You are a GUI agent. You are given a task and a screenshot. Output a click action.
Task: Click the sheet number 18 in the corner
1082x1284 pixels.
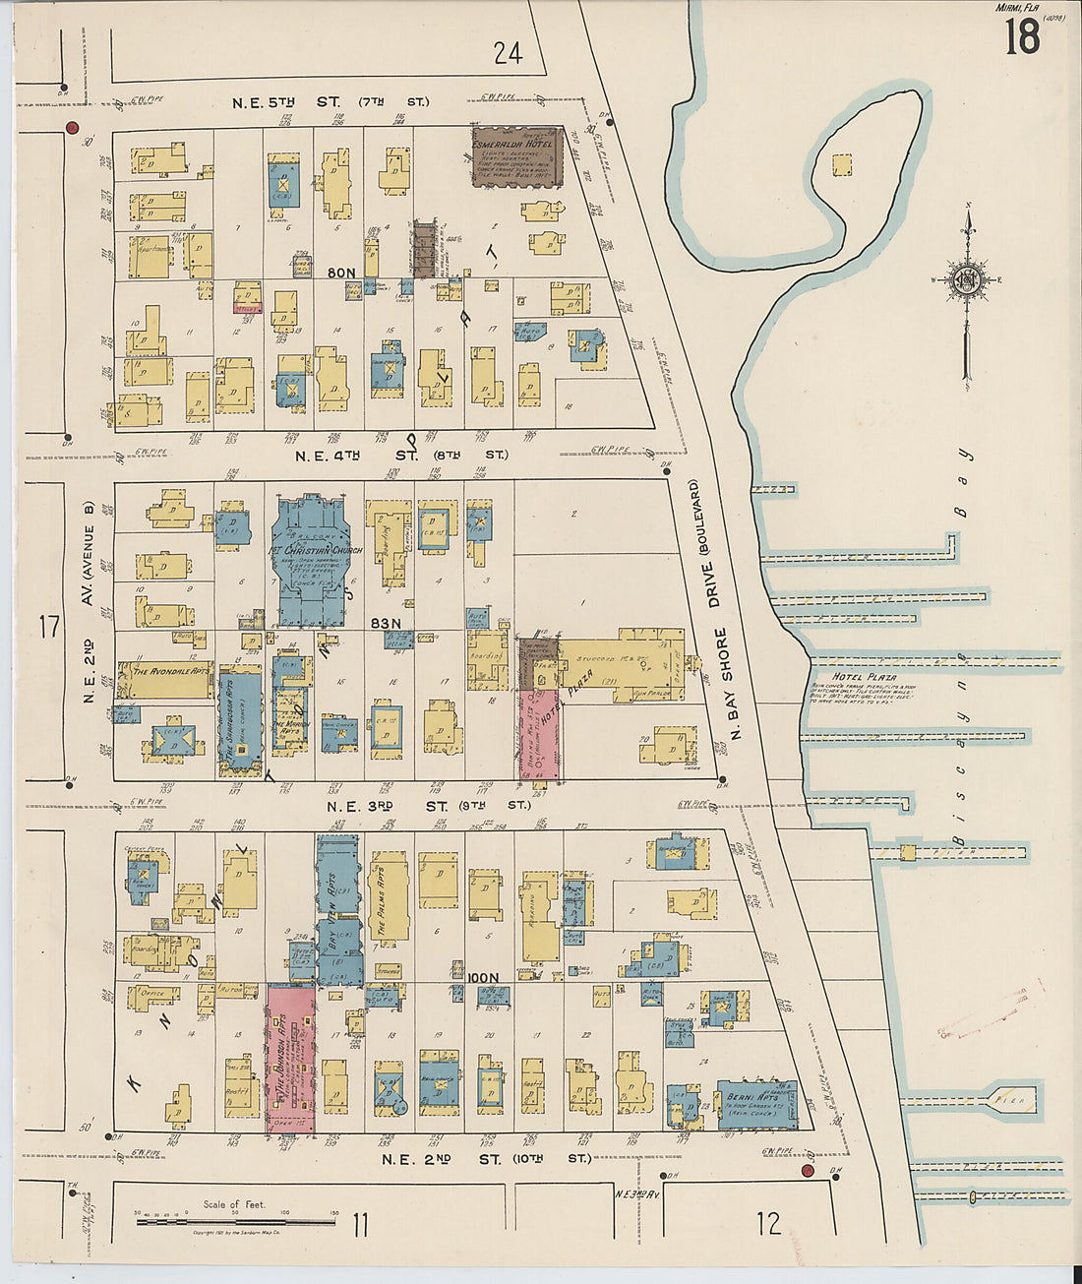coord(1022,37)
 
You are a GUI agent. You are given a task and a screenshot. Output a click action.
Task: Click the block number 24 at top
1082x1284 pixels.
coord(508,53)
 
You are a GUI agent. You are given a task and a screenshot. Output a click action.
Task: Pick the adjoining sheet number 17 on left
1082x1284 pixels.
coord(49,627)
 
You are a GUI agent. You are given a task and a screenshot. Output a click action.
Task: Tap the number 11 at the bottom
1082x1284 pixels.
coord(360,1225)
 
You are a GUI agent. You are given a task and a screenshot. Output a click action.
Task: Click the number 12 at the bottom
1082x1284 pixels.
coord(769,1223)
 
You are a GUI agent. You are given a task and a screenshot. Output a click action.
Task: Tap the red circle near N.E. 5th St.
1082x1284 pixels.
coord(71,128)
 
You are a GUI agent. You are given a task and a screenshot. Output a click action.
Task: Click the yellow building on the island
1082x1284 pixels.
coord(842,165)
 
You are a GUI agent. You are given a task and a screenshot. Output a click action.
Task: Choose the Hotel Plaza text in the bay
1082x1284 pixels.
coord(853,677)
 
